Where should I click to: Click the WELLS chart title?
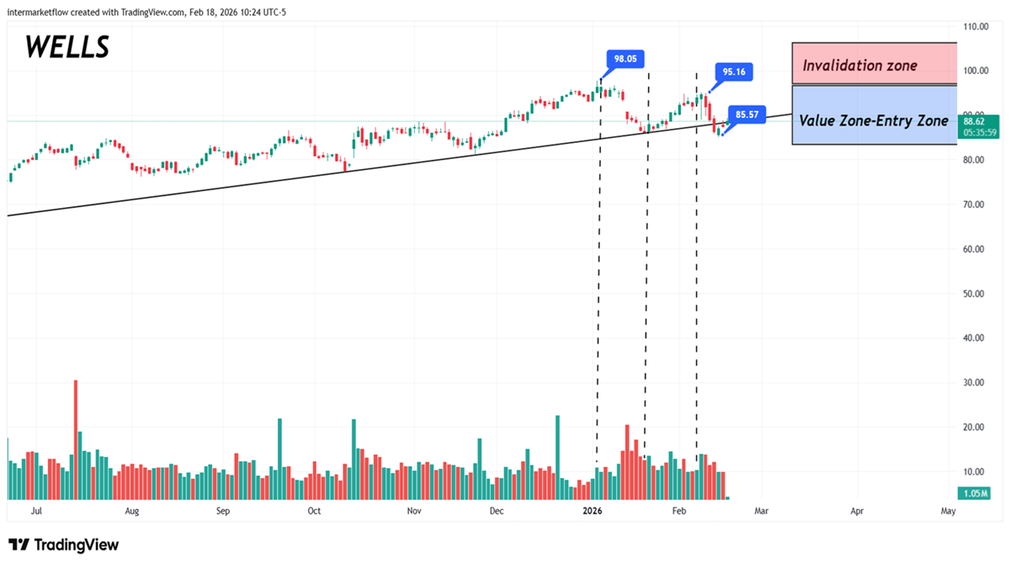point(67,46)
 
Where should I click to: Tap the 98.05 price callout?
point(625,59)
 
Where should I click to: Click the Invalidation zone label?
point(859,65)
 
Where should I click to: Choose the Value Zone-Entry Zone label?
point(874,121)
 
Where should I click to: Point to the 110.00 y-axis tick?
point(976,27)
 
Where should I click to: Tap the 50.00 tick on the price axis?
point(976,294)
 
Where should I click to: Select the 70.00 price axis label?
point(976,204)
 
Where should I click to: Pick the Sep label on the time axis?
point(223,511)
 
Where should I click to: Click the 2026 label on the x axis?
point(593,511)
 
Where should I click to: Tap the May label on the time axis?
point(948,511)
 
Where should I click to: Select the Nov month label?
point(413,511)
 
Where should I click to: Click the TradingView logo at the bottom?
point(64,545)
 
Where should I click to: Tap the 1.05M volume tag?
point(976,493)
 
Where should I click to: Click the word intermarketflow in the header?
point(40,11)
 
